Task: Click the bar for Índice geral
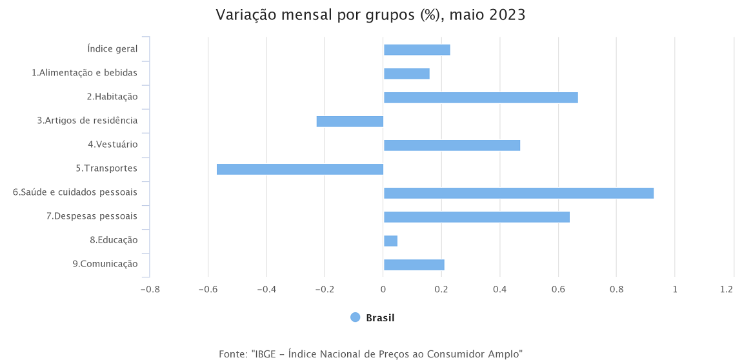point(417,50)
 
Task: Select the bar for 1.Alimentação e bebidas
point(406,74)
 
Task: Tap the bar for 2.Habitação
point(481,97)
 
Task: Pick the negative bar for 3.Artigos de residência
point(350,121)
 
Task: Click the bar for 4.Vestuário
point(452,145)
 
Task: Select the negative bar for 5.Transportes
point(300,169)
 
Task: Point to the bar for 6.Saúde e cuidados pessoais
point(519,193)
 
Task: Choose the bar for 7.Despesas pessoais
point(477,217)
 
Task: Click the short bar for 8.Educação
point(390,241)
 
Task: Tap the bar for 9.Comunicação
point(414,265)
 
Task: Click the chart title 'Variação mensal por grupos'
point(370,15)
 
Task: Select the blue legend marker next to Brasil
point(355,317)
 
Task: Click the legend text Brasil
point(380,318)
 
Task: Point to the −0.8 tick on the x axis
point(150,290)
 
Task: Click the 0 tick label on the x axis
point(383,290)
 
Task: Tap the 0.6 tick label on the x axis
point(558,290)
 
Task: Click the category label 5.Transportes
point(106,168)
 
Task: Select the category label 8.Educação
point(114,240)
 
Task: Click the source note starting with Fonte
point(370,354)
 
